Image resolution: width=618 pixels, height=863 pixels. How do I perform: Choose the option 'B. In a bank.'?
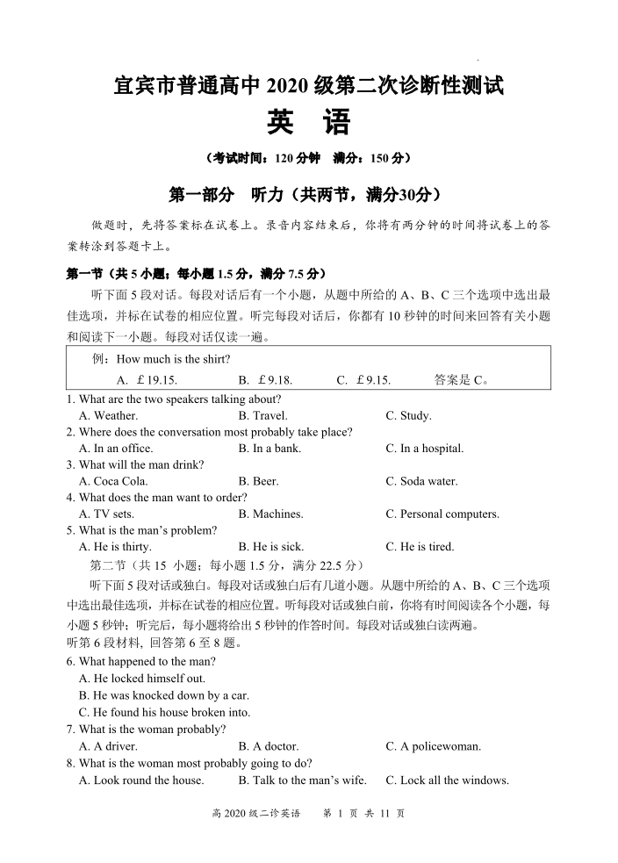(x=269, y=449)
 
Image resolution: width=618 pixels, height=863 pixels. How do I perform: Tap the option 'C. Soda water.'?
(x=421, y=481)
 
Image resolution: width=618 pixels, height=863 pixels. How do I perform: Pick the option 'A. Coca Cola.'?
(x=113, y=481)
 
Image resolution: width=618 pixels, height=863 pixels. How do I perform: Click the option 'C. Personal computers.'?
(x=442, y=514)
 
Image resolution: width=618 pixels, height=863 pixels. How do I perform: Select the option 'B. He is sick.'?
(x=270, y=547)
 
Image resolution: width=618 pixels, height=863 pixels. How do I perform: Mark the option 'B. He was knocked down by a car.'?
(x=164, y=695)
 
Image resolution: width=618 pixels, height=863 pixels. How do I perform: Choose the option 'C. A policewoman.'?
(x=434, y=747)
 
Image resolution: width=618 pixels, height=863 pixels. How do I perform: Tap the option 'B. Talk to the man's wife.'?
(x=302, y=780)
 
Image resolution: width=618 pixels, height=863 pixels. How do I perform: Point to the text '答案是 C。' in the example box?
(x=462, y=380)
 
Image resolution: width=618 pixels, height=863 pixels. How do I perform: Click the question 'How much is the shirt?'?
(x=173, y=359)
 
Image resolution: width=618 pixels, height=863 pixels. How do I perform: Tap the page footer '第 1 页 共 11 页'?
(x=364, y=814)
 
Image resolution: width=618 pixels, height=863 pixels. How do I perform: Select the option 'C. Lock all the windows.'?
(x=447, y=780)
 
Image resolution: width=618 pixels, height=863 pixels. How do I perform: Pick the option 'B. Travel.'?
(x=262, y=416)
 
